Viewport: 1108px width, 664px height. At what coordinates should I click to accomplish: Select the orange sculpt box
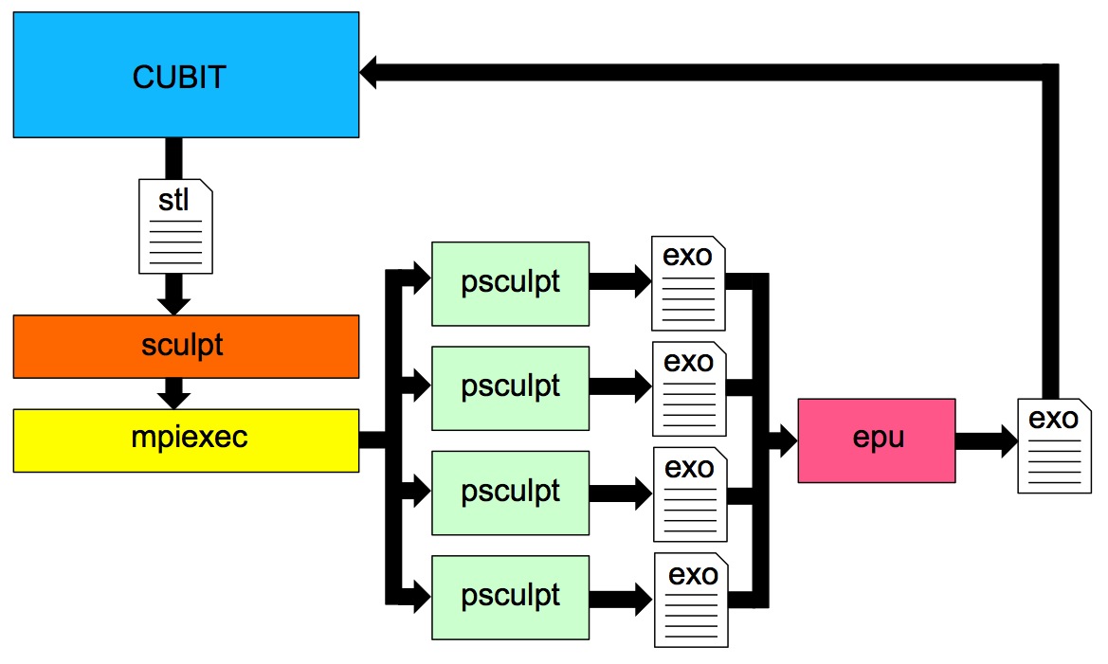tap(186, 346)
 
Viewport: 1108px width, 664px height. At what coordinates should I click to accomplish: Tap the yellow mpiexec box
tap(186, 440)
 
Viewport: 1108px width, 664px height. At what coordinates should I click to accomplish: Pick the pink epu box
tap(876, 440)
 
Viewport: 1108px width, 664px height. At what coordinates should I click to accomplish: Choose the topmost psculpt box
tap(510, 283)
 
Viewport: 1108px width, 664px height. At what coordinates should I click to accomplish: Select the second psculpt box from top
tap(510, 387)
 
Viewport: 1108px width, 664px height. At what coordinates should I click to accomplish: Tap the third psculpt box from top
tap(510, 492)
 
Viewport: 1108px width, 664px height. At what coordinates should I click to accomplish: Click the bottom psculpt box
tap(510, 597)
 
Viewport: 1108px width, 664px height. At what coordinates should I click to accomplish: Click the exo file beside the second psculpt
tap(689, 387)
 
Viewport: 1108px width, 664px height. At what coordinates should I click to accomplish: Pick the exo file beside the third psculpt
tap(689, 493)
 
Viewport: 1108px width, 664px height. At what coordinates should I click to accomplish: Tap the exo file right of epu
tap(1054, 445)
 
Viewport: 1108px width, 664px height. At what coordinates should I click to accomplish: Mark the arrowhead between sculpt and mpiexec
tap(174, 398)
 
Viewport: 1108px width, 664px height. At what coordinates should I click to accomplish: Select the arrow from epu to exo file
tap(986, 440)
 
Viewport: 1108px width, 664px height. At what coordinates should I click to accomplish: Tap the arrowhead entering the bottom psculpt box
tap(420, 597)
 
